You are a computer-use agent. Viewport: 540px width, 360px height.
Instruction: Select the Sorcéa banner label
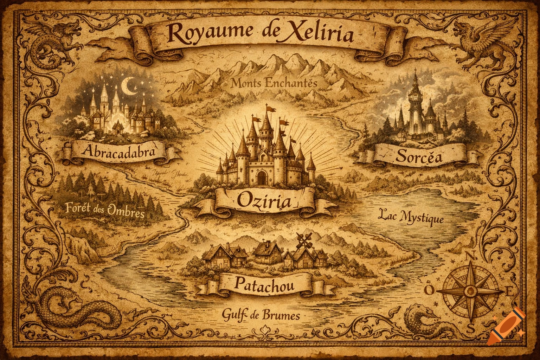[414, 157]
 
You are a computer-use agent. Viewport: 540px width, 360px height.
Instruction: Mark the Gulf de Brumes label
[261, 315]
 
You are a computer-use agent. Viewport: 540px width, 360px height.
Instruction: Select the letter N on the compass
[469, 256]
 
